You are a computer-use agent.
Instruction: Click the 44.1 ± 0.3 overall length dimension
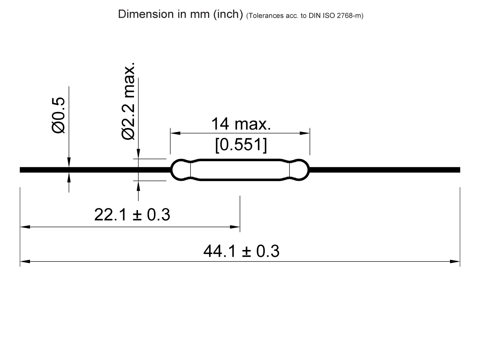241,251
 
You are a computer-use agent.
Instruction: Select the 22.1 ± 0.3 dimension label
132,215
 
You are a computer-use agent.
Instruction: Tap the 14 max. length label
241,124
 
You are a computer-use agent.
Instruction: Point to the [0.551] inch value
241,145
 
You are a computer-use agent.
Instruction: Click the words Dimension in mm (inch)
180,14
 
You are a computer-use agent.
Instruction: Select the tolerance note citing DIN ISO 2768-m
305,16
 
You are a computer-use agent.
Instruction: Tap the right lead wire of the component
384,170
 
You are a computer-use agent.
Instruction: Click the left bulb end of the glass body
180,170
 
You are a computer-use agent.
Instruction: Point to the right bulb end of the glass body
300,170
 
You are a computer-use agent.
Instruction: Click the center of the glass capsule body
240,170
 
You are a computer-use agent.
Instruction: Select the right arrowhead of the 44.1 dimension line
455,262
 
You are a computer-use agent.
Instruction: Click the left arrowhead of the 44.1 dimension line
25,262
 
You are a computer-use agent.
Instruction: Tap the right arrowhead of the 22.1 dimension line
235,227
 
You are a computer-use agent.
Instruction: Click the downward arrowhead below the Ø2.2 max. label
138,154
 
